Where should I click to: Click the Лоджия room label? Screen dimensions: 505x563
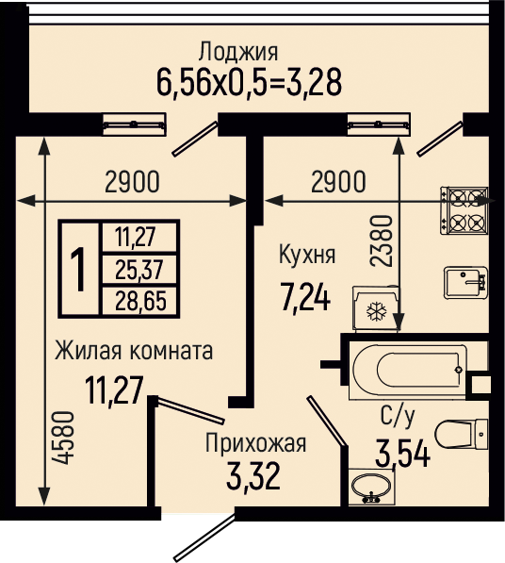(x=238, y=52)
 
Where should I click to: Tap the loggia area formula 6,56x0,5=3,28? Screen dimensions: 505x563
(x=250, y=83)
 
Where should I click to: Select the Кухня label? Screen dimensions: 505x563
(x=307, y=255)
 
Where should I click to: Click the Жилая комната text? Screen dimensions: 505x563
(x=134, y=351)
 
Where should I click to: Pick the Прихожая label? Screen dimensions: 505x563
(x=255, y=443)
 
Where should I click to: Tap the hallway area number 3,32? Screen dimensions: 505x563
(x=253, y=476)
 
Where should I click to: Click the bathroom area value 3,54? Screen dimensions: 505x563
(x=403, y=454)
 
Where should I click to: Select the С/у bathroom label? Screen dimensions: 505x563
(x=398, y=417)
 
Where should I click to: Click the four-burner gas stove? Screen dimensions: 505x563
(x=464, y=210)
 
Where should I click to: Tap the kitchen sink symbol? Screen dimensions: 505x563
(x=465, y=283)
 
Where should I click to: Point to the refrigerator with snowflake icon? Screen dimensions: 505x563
(x=376, y=308)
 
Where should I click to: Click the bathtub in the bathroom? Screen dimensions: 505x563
(x=408, y=371)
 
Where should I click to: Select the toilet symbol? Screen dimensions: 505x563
(x=462, y=434)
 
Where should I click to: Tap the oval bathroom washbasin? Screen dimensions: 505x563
(x=371, y=487)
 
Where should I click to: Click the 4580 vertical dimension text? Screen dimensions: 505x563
(x=66, y=438)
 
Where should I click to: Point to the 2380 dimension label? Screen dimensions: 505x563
(x=381, y=240)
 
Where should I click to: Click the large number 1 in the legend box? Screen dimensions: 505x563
(x=78, y=268)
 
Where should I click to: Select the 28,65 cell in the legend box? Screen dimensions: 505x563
(x=140, y=301)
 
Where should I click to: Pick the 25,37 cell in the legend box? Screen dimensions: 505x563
(x=139, y=270)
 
